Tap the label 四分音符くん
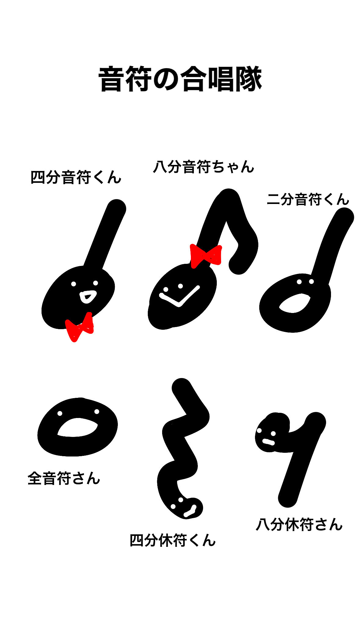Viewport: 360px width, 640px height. (76, 177)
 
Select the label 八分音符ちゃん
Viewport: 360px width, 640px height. (203, 167)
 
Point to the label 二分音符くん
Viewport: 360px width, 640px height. (308, 199)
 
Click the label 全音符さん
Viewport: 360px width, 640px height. (64, 478)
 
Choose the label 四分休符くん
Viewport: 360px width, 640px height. (173, 540)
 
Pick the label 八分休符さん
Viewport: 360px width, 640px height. (299, 525)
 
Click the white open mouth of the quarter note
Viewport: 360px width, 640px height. (88, 296)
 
